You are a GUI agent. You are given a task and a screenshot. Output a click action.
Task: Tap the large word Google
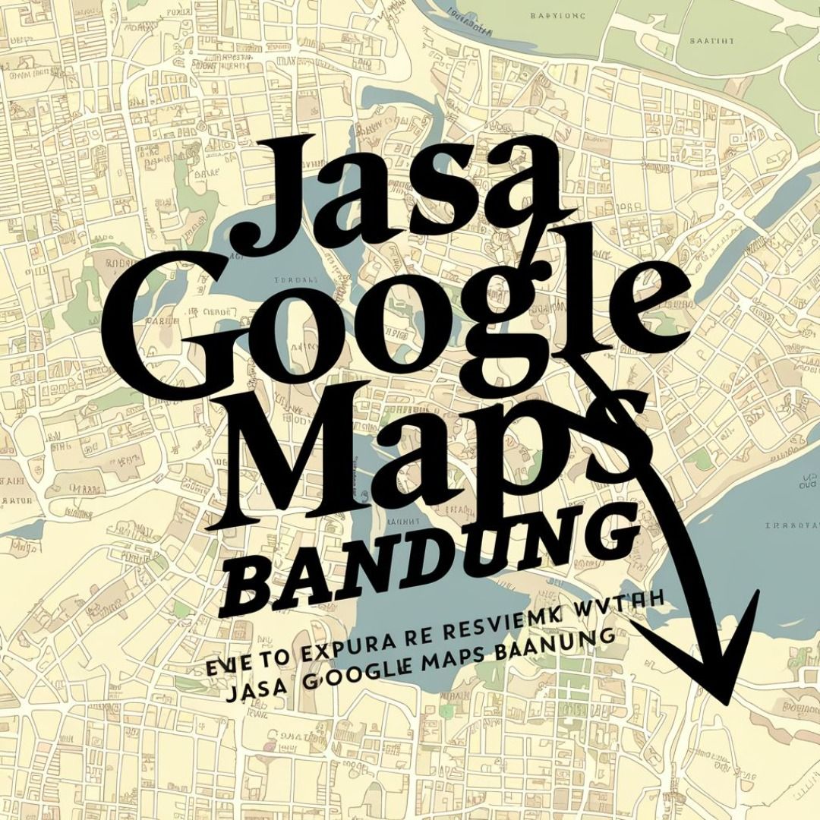tap(395, 319)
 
